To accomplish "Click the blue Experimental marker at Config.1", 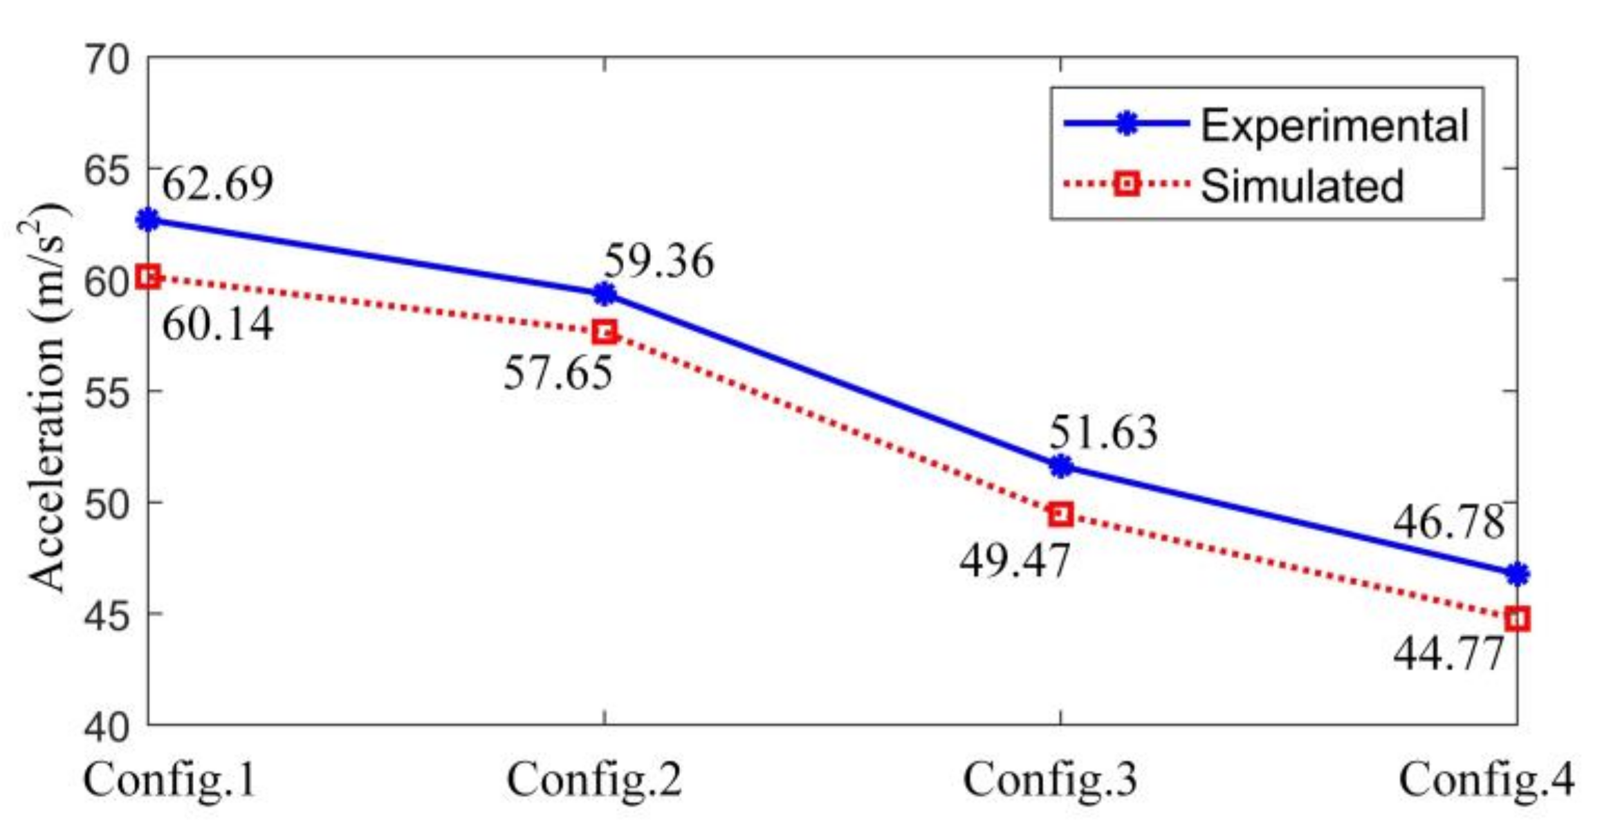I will point(148,220).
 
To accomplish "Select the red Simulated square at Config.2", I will point(605,332).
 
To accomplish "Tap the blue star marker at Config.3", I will point(1061,467).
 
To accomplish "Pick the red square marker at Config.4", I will point(1517,619).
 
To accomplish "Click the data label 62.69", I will point(218,184).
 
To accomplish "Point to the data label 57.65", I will point(558,373).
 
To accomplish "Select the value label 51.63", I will point(1103,433).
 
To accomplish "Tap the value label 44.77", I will point(1448,653).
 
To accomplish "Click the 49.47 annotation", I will point(1014,560).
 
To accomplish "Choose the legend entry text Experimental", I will point(1334,126).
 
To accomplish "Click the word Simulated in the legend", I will point(1302,185).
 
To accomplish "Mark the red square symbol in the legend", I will point(1127,184).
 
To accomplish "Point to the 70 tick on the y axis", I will point(107,59).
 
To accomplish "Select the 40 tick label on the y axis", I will point(107,727).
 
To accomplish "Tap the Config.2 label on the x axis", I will point(595,780).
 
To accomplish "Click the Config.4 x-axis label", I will point(1486,780).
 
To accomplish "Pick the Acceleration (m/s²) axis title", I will point(47,398).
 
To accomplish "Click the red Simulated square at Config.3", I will point(1061,514).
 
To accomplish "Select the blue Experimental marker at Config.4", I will point(1517,574).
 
